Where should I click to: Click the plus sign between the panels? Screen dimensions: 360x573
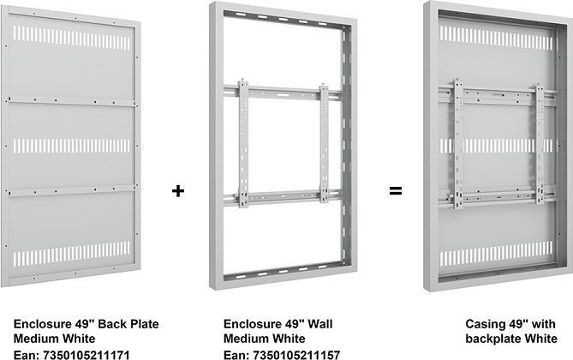(178, 190)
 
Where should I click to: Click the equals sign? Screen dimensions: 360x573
(395, 190)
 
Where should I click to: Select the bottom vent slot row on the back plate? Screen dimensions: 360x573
(72, 255)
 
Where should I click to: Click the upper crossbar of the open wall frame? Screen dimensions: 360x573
(283, 89)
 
